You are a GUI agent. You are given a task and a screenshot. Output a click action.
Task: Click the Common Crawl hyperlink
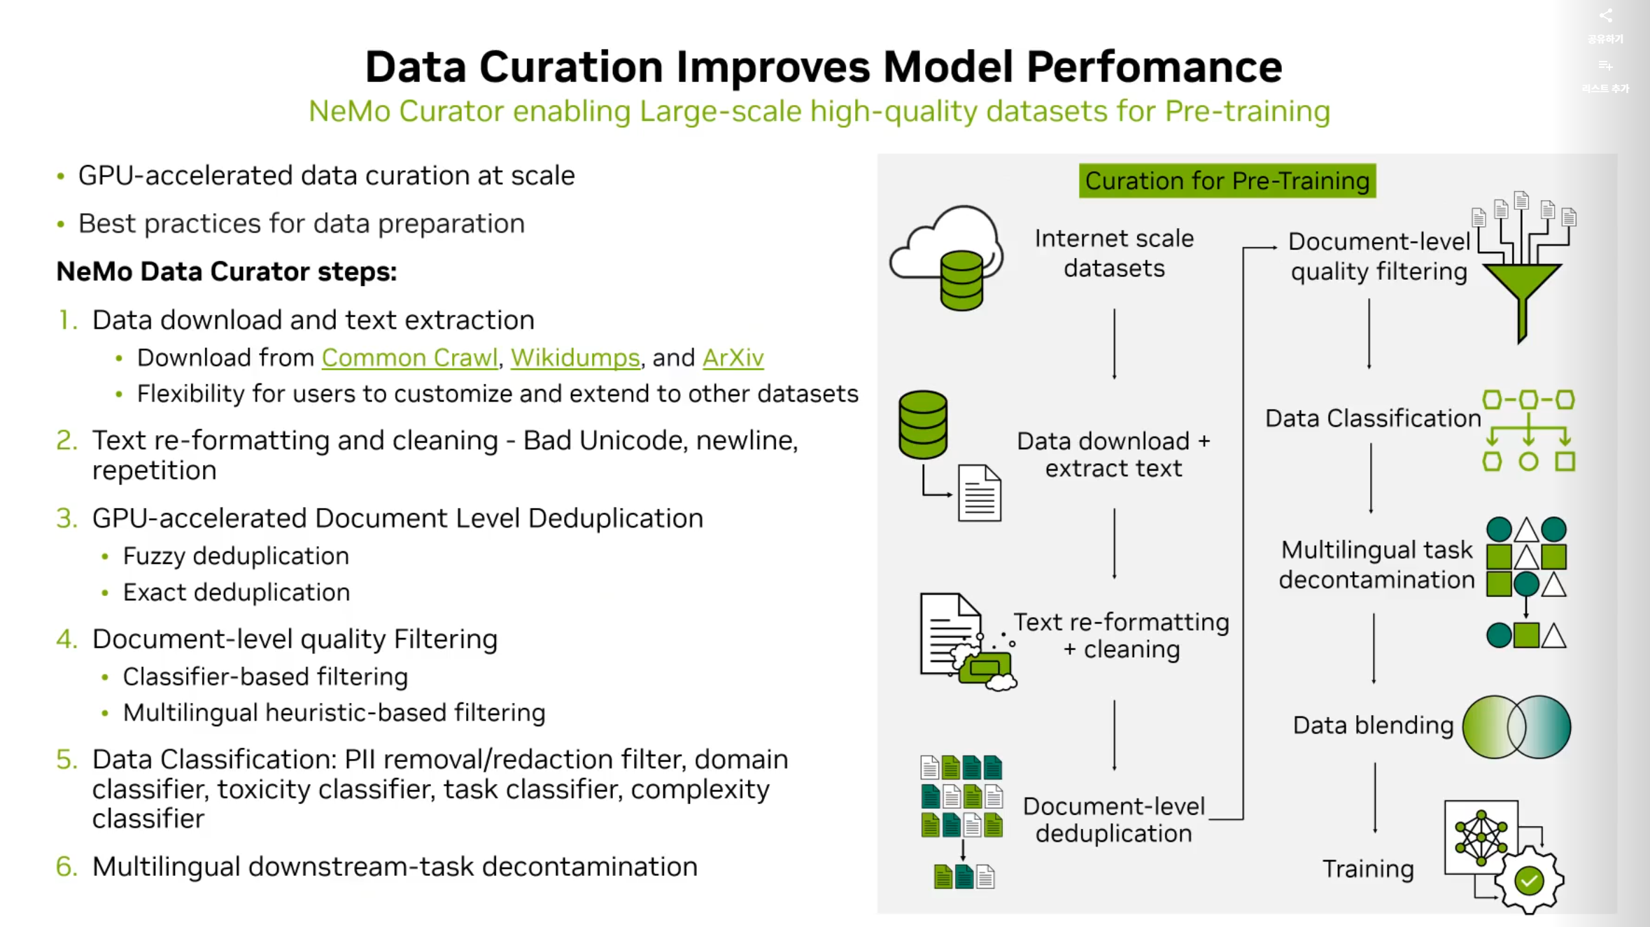click(x=409, y=358)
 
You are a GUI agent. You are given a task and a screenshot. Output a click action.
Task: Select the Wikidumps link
click(x=575, y=358)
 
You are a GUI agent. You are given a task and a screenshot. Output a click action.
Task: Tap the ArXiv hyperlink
click(x=733, y=358)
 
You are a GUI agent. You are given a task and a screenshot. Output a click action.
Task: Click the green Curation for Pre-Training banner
click(x=1227, y=181)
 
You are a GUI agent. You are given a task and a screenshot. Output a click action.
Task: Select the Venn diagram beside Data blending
click(x=1516, y=727)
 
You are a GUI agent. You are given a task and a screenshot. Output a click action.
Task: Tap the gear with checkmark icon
click(x=1529, y=879)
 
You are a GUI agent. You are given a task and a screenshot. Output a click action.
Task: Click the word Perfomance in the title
click(x=1154, y=67)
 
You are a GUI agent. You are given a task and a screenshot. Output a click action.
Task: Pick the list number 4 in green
click(x=66, y=639)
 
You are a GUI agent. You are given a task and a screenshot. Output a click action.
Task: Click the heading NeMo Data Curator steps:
click(x=227, y=271)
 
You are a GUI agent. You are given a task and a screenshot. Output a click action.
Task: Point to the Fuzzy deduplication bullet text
click(x=236, y=556)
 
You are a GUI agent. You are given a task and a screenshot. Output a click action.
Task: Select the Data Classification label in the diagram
click(x=1373, y=418)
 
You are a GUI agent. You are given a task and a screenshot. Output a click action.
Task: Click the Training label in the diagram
click(x=1368, y=868)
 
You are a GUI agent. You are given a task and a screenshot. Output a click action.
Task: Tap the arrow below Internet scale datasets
click(x=1115, y=344)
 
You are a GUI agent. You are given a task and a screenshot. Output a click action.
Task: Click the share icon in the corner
click(x=1606, y=16)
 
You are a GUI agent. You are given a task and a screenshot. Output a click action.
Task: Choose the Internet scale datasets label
click(x=1114, y=253)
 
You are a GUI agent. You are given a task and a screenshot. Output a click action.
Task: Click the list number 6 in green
click(x=66, y=866)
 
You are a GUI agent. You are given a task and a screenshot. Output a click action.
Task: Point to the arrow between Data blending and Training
click(x=1375, y=798)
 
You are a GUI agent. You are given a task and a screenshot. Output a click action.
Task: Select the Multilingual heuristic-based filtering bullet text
click(x=334, y=712)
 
